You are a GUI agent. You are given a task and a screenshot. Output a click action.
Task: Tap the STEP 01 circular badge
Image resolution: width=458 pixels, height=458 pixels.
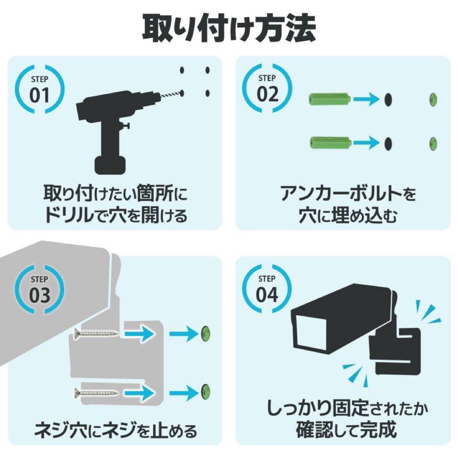(40, 89)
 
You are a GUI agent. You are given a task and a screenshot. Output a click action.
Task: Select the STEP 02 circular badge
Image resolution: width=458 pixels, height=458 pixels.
(267, 88)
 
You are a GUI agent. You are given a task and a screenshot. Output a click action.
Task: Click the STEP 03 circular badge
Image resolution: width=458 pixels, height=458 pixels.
(40, 289)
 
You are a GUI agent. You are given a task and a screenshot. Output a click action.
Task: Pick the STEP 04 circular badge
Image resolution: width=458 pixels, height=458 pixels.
(267, 289)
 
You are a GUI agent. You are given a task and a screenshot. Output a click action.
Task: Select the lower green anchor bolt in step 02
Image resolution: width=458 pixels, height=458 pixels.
(329, 143)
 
